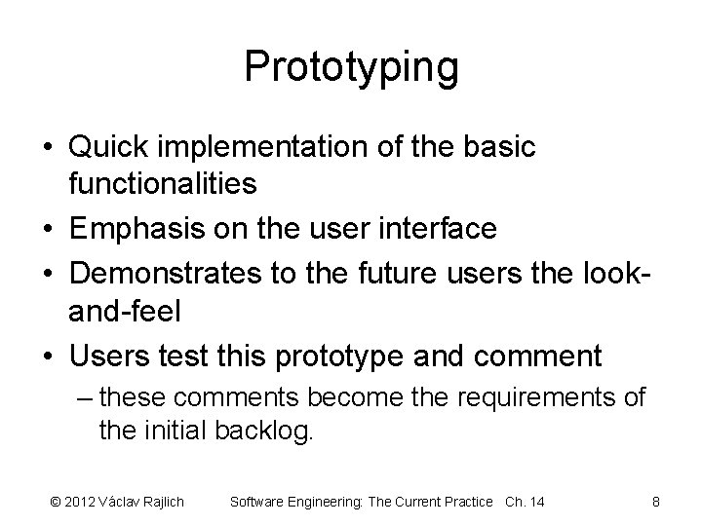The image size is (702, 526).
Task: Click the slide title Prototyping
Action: (x=351, y=66)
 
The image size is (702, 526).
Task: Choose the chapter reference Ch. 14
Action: (x=525, y=502)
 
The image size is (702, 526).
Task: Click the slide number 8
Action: (x=656, y=502)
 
